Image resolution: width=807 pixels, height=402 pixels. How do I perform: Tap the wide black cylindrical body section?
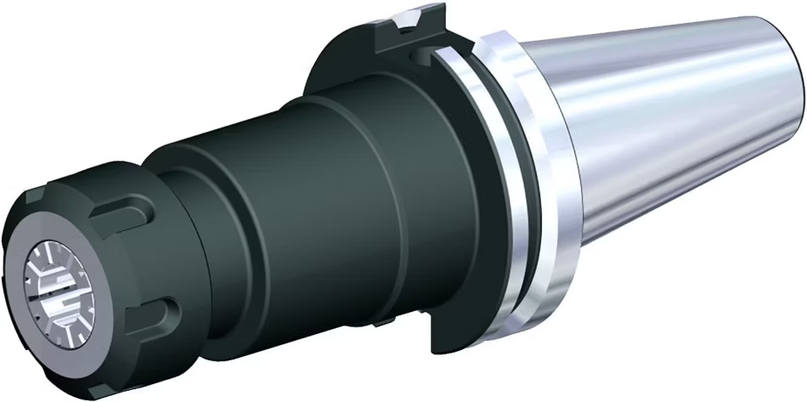tap(340, 212)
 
